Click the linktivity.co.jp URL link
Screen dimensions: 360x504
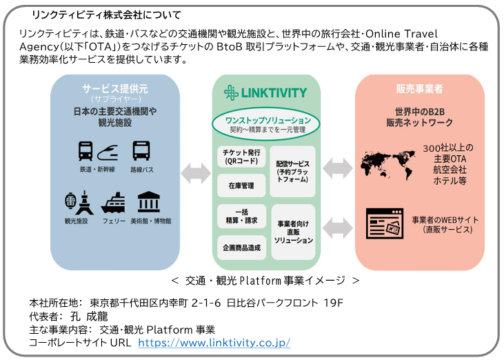coord(214,343)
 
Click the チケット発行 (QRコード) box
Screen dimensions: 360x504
coord(241,157)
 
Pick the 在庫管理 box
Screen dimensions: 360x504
coord(241,186)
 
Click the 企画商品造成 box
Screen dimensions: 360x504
coord(241,246)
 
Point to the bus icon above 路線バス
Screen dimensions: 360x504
coord(141,150)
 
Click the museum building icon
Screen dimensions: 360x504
coord(149,203)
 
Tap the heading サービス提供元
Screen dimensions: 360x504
coord(115,89)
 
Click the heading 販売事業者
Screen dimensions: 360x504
coord(419,89)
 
